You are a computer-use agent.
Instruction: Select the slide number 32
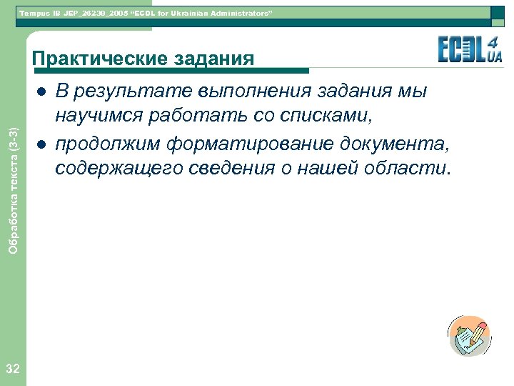pyautogui.click(x=12, y=369)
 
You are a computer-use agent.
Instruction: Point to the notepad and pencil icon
pyautogui.click(x=469, y=336)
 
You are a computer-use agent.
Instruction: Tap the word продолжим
pyautogui.click(x=108, y=144)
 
